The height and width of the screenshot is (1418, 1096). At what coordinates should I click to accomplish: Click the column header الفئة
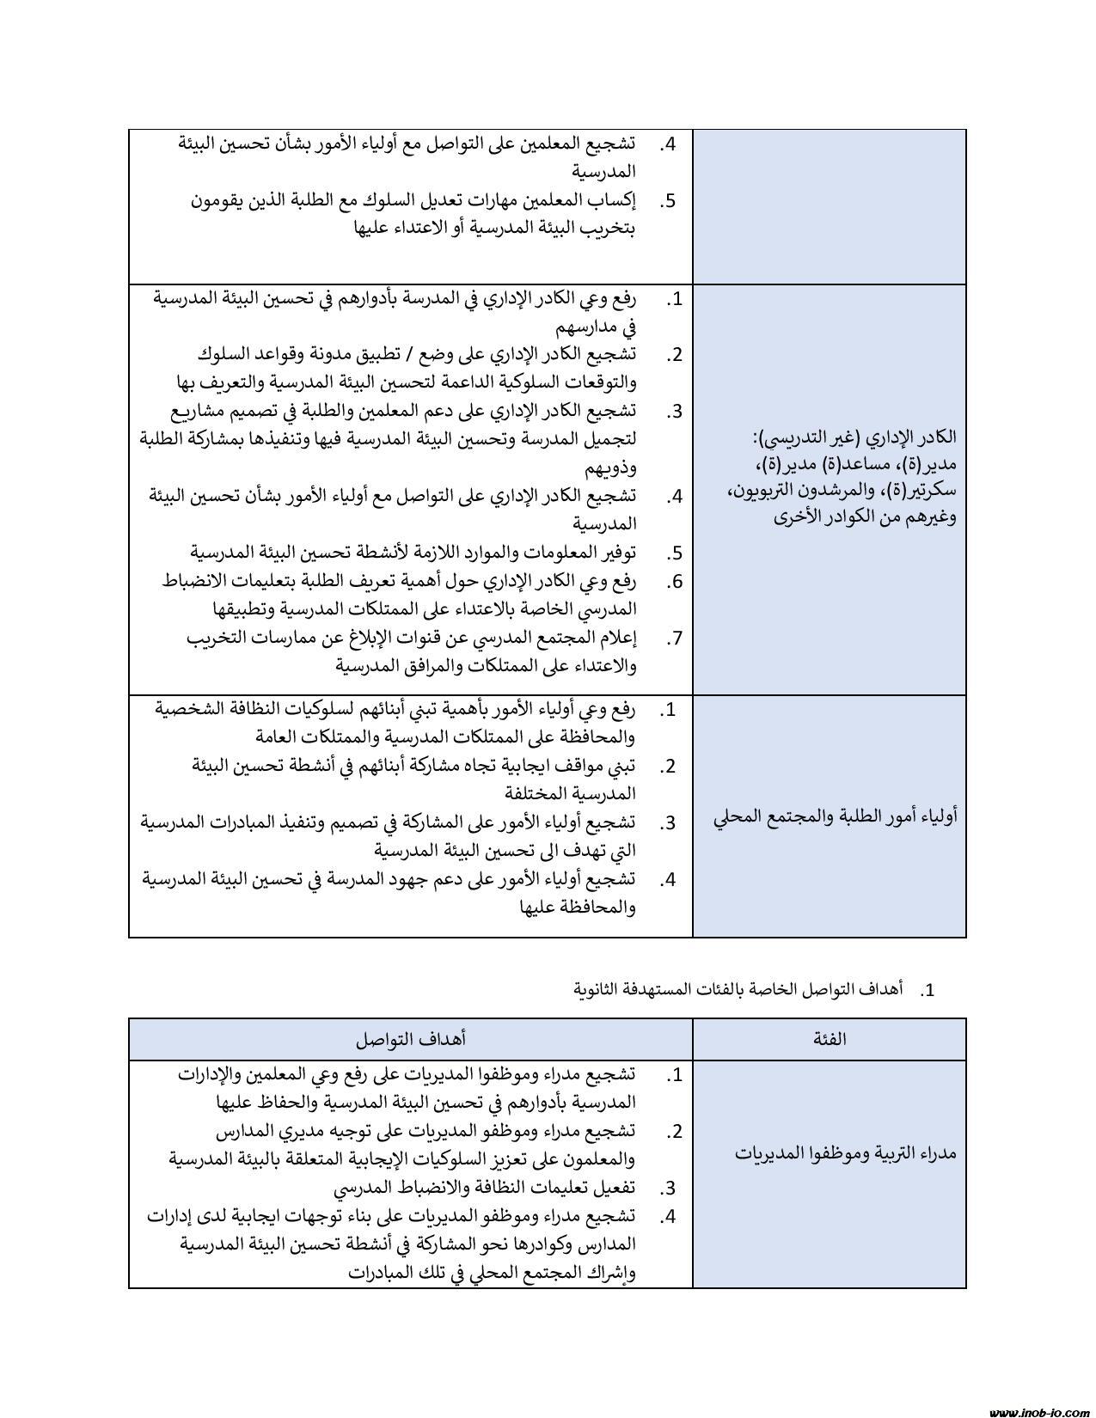(830, 1038)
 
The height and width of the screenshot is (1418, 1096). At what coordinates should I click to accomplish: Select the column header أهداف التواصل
(411, 1038)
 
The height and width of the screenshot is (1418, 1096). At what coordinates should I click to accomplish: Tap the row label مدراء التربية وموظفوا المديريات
(846, 1152)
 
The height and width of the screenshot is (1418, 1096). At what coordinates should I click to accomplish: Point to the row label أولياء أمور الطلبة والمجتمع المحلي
(836, 816)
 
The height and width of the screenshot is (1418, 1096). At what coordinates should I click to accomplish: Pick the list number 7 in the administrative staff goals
(676, 638)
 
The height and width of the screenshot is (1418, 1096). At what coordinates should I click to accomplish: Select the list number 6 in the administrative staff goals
(676, 582)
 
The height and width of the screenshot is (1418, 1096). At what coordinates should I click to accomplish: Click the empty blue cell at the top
(830, 206)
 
